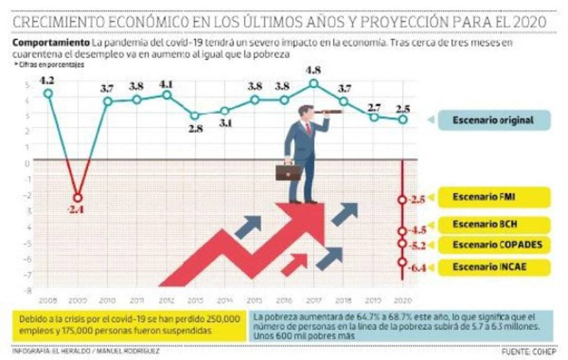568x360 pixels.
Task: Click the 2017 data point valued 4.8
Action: coord(313,84)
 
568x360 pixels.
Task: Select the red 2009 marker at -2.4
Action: coord(78,198)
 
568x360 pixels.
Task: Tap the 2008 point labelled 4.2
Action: coord(47,93)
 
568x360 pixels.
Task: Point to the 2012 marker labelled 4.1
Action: coord(166,95)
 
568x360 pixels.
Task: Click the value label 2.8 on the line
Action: coord(195,129)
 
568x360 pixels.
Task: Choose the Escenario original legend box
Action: coord(493,120)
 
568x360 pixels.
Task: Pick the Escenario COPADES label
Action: coord(494,245)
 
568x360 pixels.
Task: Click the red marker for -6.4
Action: coord(402,262)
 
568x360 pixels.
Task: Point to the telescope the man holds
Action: coord(328,112)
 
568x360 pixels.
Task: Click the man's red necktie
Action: coord(308,128)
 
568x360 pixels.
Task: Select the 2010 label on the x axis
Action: coord(107,300)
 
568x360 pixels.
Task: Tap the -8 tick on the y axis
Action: coord(28,290)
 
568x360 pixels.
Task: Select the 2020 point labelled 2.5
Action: coord(402,119)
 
